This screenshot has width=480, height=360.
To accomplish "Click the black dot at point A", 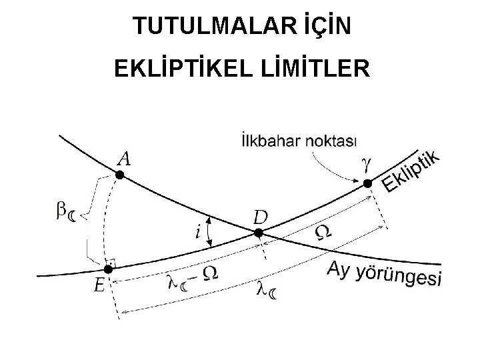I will point(120,175).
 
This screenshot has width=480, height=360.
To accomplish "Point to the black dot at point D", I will point(259,233).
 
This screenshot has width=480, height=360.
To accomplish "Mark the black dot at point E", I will point(109,269).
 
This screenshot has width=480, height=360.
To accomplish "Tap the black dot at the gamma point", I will point(367,182).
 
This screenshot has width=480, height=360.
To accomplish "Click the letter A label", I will point(123,158).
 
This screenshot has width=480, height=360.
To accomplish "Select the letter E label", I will point(99,285).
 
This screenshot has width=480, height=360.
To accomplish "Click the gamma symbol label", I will point(365,163).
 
